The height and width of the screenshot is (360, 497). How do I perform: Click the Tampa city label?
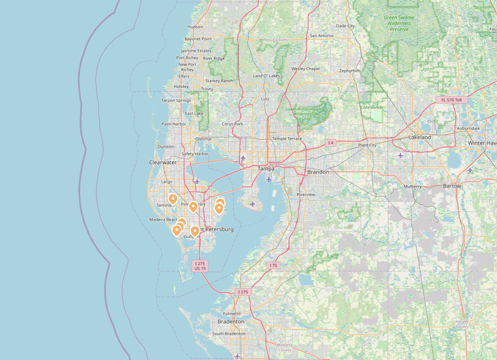[x=265, y=169]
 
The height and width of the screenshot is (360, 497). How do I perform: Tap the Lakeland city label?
[x=419, y=137]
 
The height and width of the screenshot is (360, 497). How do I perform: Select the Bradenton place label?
[x=231, y=322]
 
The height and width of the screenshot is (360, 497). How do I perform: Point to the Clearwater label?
[x=163, y=163]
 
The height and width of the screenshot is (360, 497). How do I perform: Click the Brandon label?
[x=318, y=172]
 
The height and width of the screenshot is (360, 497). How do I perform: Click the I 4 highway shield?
[x=331, y=143]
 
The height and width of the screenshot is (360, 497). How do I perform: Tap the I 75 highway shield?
[x=273, y=265]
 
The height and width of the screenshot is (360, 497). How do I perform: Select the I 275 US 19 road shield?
[x=200, y=265]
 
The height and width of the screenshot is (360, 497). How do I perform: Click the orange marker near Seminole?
[x=172, y=198]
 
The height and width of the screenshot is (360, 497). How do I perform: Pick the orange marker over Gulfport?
[x=195, y=231]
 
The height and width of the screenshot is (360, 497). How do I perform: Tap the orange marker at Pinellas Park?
[x=193, y=207]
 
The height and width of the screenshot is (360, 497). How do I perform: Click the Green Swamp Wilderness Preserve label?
[x=397, y=23]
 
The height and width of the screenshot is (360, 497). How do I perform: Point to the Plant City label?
[x=367, y=145]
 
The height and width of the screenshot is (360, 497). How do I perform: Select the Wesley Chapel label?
[x=305, y=69]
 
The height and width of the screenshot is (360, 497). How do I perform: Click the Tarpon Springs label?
[x=176, y=100]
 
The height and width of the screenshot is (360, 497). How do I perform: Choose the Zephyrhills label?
[x=349, y=71]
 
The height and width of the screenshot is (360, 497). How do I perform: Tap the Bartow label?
[x=452, y=186]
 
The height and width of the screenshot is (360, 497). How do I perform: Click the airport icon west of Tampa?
[x=243, y=158]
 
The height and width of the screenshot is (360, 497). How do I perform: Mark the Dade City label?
[x=346, y=26]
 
